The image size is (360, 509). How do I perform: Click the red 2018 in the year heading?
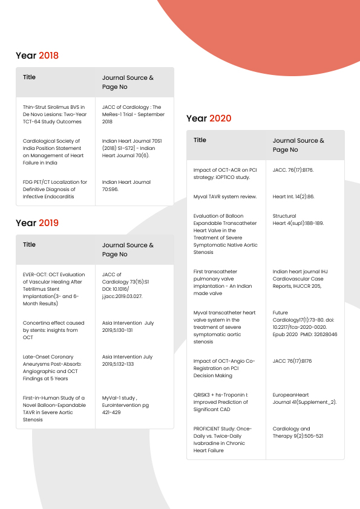[48, 56]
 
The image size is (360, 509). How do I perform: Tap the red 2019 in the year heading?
[48, 223]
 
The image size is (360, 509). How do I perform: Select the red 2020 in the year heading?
[220, 118]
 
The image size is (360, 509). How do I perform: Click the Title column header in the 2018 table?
[29, 77]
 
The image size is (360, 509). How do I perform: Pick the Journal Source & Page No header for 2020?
[298, 145]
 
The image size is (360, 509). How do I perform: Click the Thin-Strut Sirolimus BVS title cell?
[55, 114]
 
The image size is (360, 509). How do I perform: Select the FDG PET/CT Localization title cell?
[55, 189]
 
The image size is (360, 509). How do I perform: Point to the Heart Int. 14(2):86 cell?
[293, 196]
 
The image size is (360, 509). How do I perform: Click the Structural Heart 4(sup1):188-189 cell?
[298, 219]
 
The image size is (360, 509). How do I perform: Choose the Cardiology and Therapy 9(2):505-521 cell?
[298, 432]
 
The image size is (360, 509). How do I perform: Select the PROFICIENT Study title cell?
[224, 439]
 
